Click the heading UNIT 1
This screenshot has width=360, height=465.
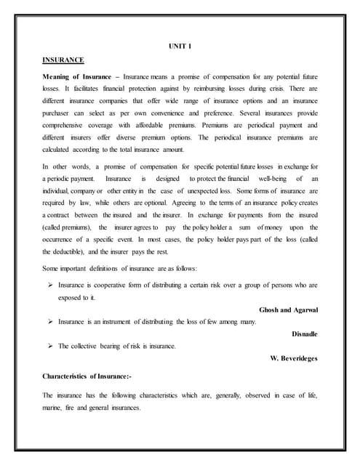179,47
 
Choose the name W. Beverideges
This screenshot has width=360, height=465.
294,357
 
